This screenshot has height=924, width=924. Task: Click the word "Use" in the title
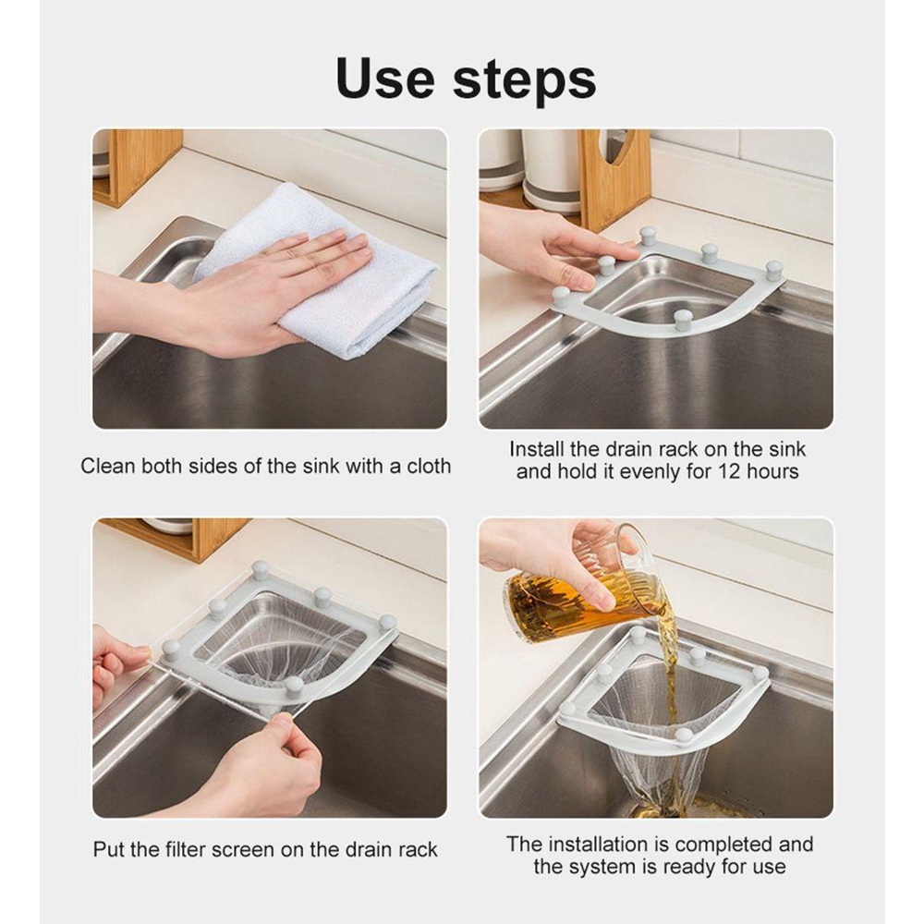pos(384,79)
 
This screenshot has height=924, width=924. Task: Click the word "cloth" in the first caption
pos(429,466)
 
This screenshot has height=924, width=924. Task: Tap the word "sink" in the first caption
pos(322,466)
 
